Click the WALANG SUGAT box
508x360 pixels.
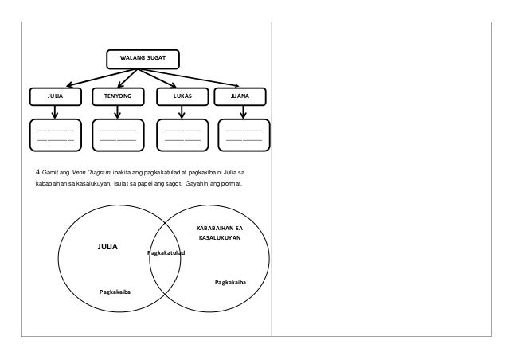click(143, 60)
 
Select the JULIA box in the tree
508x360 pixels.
click(55, 96)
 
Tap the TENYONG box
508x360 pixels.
click(119, 96)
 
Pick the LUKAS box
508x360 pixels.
click(183, 96)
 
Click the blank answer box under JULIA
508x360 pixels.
click(55, 134)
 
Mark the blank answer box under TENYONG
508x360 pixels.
click(119, 134)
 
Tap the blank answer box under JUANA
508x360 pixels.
click(244, 134)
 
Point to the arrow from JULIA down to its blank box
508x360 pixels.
click(55, 112)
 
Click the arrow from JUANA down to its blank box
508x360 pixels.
click(244, 112)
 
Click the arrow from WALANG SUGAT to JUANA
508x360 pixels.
click(191, 77)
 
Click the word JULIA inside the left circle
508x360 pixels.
click(107, 248)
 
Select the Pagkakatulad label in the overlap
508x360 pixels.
click(166, 253)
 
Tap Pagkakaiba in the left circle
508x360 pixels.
click(115, 293)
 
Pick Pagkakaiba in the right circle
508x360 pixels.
click(230, 283)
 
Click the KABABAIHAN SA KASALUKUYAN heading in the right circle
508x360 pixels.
click(220, 233)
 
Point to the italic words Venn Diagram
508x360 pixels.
click(92, 172)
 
